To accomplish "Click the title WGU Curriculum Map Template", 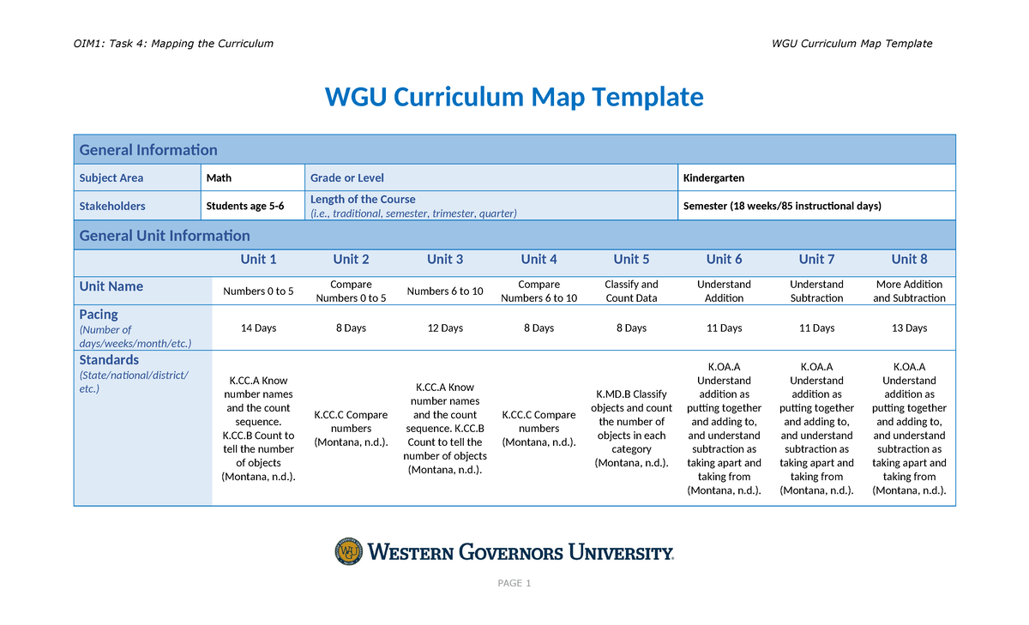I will coord(514,97).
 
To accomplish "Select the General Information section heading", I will coord(148,150).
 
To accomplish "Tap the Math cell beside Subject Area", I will coord(220,178).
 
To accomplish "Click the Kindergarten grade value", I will coord(713,178).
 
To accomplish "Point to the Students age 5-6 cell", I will coord(245,207).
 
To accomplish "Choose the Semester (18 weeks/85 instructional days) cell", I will coord(782,207).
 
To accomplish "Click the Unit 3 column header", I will coord(445,260).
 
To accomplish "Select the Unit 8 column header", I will coord(909,260).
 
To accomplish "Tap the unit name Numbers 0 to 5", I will coord(258,291).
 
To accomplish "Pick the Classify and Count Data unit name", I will coord(631,291).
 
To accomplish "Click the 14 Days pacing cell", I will coord(258,328).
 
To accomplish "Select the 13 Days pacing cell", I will coord(909,328).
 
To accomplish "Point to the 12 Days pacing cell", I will coord(445,328).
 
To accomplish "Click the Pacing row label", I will coord(99,315).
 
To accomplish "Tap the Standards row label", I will coord(109,360).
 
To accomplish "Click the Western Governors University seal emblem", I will coord(349,551).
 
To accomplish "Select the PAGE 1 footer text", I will coord(514,584).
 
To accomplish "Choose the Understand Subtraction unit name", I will coord(816,291).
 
